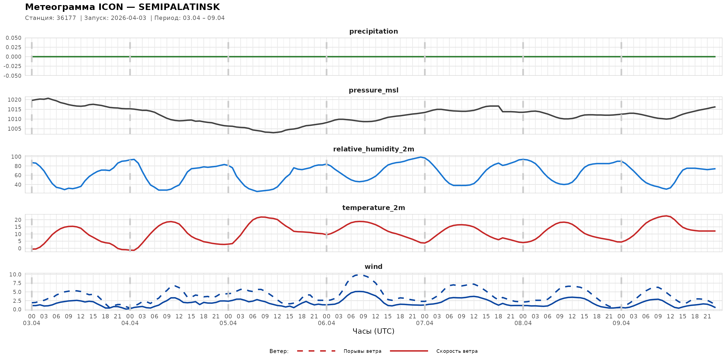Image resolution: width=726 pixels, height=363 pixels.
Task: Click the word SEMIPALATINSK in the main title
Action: pyautogui.click(x=179, y=7)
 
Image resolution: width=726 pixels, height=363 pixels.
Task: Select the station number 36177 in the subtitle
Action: pyautogui.click(x=66, y=18)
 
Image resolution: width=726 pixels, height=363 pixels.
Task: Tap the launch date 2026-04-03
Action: pyautogui.click(x=129, y=18)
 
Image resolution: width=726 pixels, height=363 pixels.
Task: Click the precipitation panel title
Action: pyautogui.click(x=373, y=31)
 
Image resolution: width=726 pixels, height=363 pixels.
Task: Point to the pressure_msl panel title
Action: pyautogui.click(x=373, y=90)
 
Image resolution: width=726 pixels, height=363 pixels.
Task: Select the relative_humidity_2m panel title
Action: pyautogui.click(x=373, y=149)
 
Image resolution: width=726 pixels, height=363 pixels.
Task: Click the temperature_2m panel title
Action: pyautogui.click(x=373, y=208)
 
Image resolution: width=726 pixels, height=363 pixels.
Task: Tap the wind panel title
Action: pyautogui.click(x=373, y=267)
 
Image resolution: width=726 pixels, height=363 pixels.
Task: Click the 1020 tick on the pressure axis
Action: pyautogui.click(x=14, y=100)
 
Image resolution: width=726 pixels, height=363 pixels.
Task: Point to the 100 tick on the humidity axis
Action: pyautogui.click(x=16, y=157)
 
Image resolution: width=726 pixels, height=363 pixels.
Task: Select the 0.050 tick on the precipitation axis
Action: pyautogui.click(x=13, y=38)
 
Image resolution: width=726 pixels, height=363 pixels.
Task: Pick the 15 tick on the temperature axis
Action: pyautogui.click(x=18, y=227)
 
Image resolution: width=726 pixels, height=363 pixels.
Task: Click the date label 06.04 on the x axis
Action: pyautogui.click(x=326, y=323)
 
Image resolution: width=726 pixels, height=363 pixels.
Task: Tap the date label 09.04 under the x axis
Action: pyautogui.click(x=621, y=323)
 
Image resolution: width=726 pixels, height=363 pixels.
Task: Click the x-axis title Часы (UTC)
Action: pyautogui.click(x=373, y=331)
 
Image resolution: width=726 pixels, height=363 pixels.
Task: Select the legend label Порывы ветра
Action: pyautogui.click(x=362, y=351)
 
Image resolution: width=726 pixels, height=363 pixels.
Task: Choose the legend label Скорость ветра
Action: pyautogui.click(x=457, y=351)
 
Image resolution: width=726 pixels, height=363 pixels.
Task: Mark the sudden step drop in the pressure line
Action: pyautogui.click(x=500, y=109)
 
